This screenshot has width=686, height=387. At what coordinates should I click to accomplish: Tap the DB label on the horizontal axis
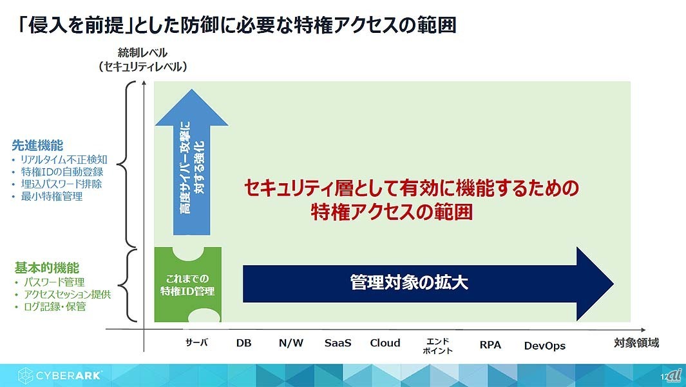[x=243, y=343]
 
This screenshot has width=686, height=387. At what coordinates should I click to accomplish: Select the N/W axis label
[x=291, y=343]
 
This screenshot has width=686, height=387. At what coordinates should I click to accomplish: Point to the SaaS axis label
[x=338, y=343]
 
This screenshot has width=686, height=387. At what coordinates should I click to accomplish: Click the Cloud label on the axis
[x=385, y=343]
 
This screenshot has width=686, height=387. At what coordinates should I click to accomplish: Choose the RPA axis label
[x=490, y=345]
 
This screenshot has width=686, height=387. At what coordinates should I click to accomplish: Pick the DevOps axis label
[x=544, y=346]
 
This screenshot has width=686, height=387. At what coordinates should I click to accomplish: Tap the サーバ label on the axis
[x=196, y=343]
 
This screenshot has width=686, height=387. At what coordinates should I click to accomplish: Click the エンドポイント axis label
[x=437, y=346]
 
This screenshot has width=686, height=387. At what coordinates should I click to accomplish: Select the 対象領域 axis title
[x=636, y=342]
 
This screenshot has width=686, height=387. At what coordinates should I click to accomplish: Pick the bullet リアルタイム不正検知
[x=61, y=160]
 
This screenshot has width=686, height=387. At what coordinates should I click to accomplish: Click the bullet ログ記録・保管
[x=55, y=306]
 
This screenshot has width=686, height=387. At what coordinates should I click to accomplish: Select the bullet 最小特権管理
[x=52, y=196]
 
